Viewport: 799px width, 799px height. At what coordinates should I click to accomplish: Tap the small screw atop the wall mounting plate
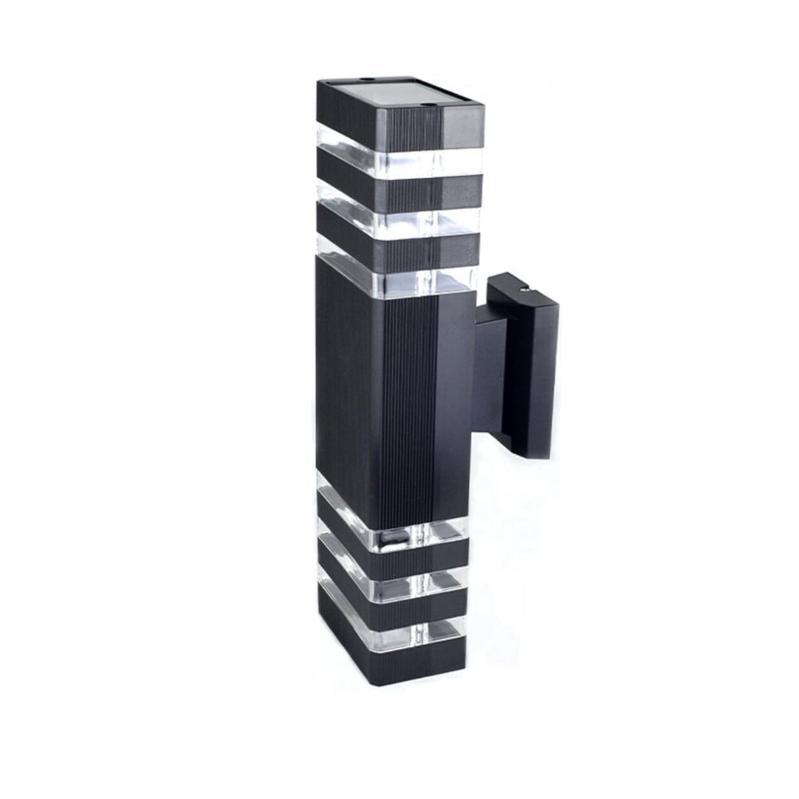click(525, 288)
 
